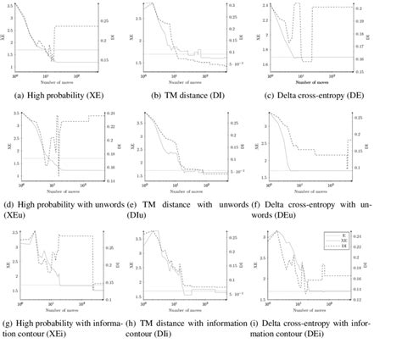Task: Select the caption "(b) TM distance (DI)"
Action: pos(196,95)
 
